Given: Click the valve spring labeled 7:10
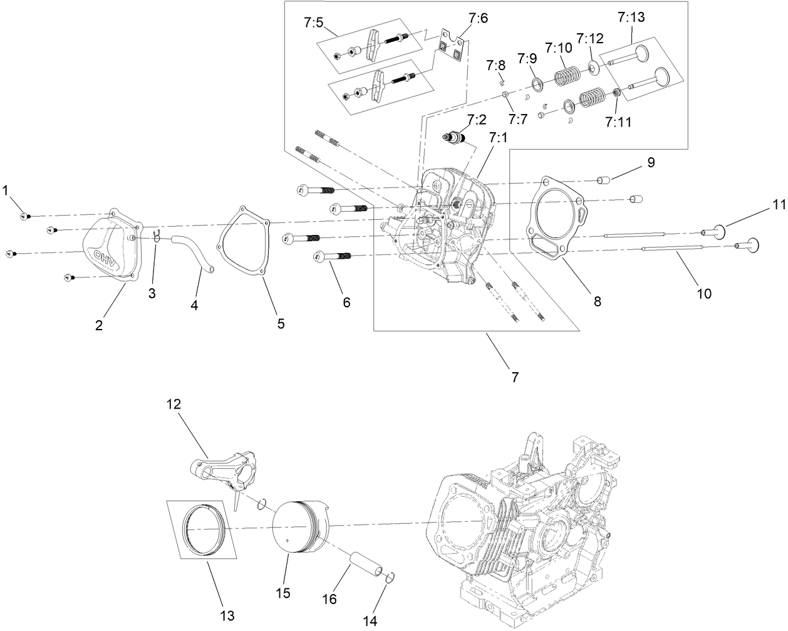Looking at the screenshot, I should [x=570, y=76].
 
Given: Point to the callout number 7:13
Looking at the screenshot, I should [x=630, y=18].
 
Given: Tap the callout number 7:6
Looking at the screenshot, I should [x=477, y=19].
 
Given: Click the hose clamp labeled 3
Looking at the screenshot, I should [x=157, y=236].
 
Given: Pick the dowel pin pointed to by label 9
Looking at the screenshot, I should [x=603, y=181].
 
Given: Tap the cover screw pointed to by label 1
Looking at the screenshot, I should [x=24, y=216].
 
